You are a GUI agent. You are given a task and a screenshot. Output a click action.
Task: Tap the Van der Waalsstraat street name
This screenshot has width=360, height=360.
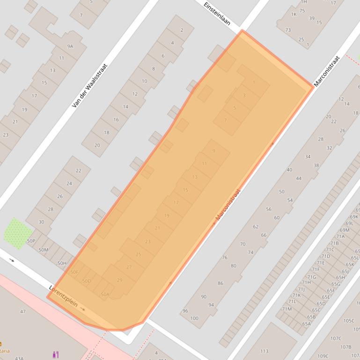(x=90, y=86)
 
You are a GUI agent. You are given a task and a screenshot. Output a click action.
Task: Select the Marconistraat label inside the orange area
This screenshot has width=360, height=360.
(x=228, y=205)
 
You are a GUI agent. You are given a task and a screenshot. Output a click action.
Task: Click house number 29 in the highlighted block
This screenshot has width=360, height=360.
(x=119, y=280)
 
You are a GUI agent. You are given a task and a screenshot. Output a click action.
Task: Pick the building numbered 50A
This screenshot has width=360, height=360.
(x=104, y=294)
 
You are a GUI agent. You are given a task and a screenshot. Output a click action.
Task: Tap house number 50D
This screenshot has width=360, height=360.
(x=86, y=281)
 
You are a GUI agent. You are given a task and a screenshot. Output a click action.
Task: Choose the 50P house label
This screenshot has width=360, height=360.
(x=31, y=241)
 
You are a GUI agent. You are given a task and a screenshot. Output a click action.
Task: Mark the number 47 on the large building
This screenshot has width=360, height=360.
(x=23, y=311)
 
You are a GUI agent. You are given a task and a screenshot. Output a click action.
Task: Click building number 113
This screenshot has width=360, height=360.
(x=264, y=351)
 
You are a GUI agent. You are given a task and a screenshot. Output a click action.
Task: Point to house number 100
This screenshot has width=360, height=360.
(x=194, y=318)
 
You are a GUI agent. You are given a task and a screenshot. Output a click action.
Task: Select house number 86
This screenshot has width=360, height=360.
(x=220, y=283)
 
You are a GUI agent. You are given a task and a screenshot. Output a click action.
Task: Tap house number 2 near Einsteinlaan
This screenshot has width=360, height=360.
(x=182, y=30)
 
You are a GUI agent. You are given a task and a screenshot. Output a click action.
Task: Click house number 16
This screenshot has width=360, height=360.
(x=116, y=120)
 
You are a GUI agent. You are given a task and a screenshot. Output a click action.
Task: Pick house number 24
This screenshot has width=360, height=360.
(x=69, y=183)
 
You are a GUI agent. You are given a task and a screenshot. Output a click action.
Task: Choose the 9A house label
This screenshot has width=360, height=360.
(x=70, y=46)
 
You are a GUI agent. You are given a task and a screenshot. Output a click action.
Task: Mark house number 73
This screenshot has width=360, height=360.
(x=288, y=30)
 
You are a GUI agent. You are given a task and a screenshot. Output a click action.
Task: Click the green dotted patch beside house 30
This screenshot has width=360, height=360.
(x=18, y=233)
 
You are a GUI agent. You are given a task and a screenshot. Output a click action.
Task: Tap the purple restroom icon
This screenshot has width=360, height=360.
(x=56, y=354)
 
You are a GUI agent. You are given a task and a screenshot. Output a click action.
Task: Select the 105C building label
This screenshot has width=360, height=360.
(x=349, y=321)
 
